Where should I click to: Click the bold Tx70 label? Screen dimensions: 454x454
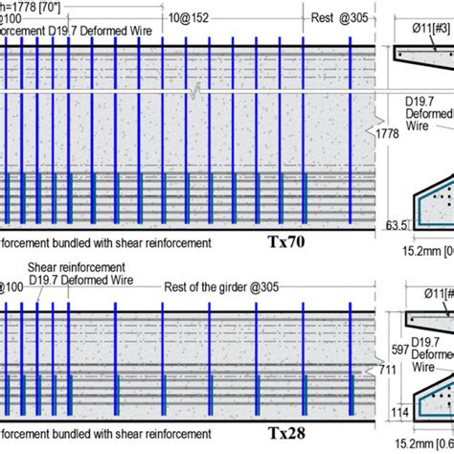point(286,243)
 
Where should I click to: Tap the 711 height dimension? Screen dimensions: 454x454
point(386,369)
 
